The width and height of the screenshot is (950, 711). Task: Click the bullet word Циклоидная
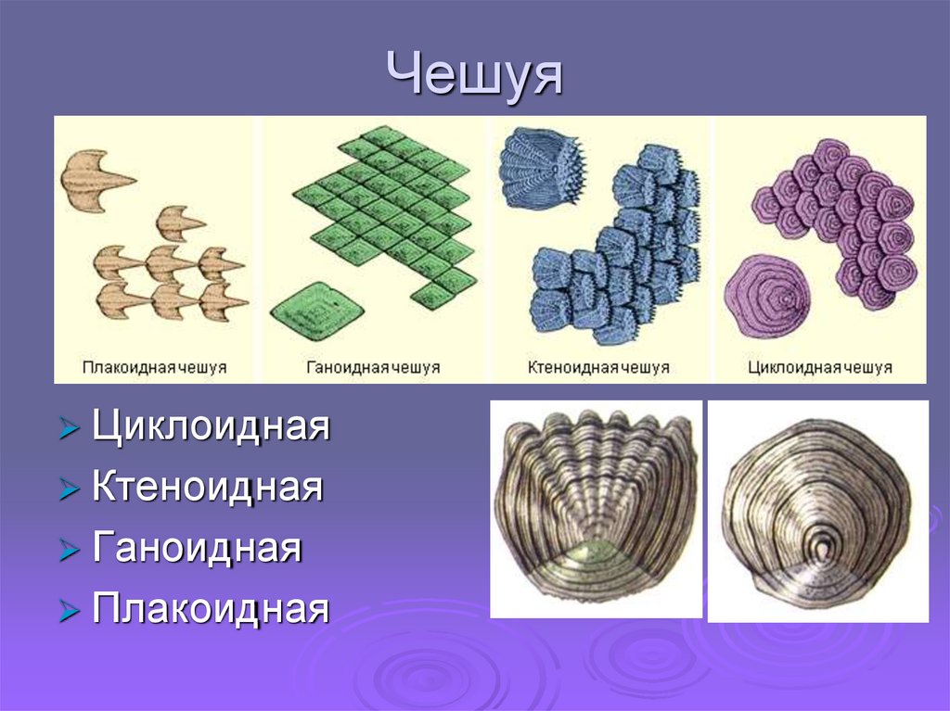[211, 428]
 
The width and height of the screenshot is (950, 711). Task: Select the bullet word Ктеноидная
[208, 488]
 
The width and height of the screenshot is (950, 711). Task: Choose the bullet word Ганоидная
[197, 548]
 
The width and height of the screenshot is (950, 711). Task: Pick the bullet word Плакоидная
[211, 609]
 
